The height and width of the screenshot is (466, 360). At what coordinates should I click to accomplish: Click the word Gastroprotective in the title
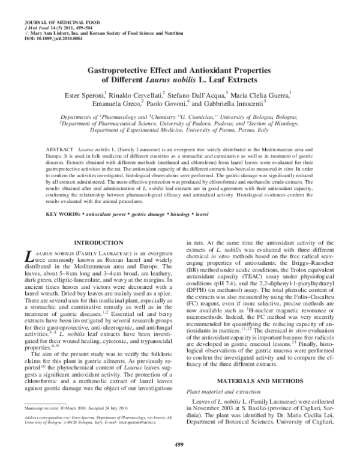[124, 70]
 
